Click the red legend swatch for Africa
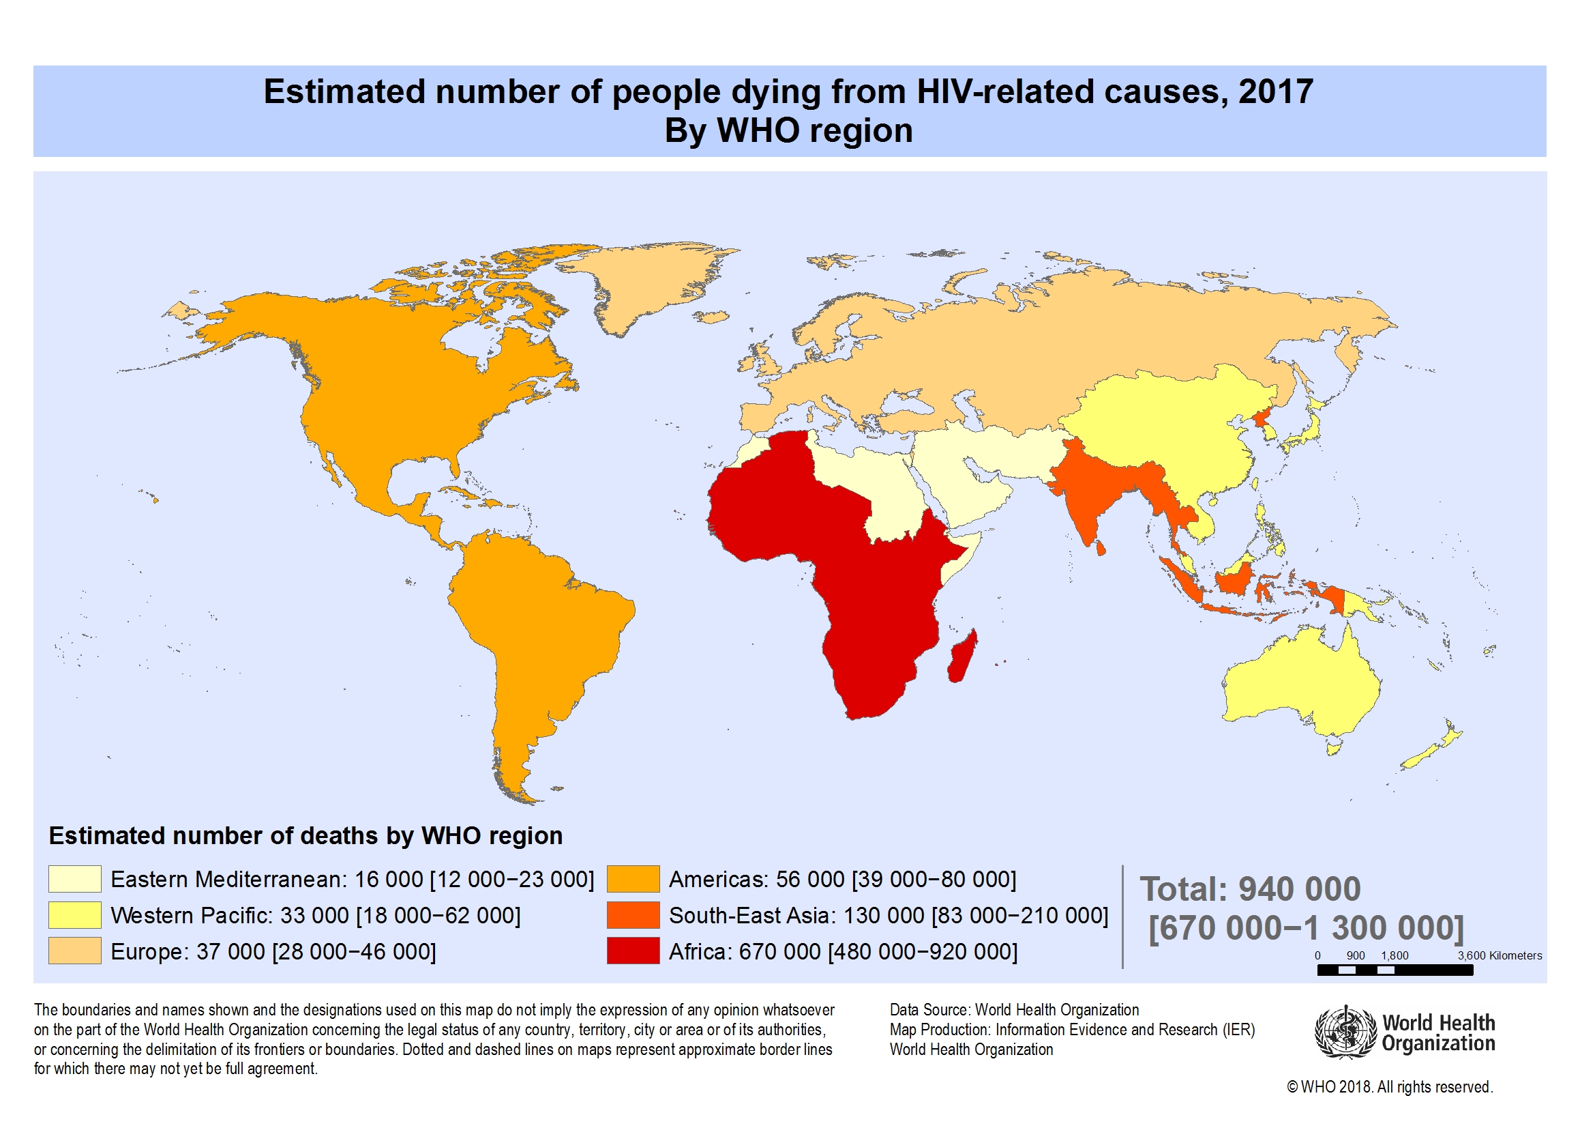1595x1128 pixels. [633, 951]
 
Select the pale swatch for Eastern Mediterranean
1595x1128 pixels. [74, 878]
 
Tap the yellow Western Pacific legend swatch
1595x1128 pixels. [74, 914]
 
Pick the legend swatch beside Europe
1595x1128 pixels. [74, 951]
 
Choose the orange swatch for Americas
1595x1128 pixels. [633, 878]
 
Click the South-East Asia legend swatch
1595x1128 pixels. [633, 914]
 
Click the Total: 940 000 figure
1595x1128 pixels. [1250, 889]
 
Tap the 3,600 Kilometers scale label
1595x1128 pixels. [1499, 955]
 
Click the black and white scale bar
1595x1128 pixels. [1395, 970]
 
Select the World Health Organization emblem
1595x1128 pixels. [1345, 1032]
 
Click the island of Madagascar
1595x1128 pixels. [963, 655]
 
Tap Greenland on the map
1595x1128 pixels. [646, 285]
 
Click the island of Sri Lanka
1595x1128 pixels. [1100, 548]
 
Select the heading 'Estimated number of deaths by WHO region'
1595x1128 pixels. [305, 835]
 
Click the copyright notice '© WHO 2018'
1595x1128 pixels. [1389, 1087]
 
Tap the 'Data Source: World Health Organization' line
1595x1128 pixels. [1014, 1010]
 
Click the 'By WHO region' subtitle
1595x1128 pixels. [788, 130]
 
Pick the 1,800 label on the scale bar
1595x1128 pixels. [1395, 955]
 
